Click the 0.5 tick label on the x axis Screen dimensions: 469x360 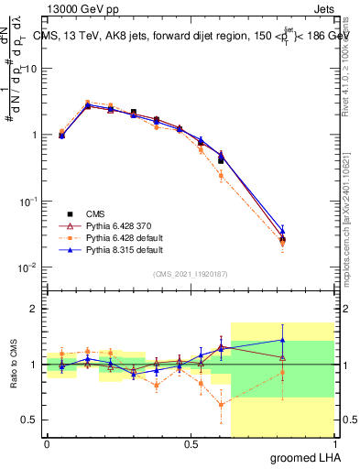(x=191, y=443)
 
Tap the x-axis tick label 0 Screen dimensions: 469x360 (x=48, y=443)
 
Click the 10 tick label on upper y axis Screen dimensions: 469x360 (x=31, y=69)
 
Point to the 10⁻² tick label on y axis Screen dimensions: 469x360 (x=29, y=267)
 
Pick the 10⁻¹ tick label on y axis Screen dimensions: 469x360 (x=29, y=201)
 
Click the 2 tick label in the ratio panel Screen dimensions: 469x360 (x=35, y=309)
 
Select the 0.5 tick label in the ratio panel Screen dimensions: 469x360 (x=31, y=420)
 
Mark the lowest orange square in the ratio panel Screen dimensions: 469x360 (x=221, y=404)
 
